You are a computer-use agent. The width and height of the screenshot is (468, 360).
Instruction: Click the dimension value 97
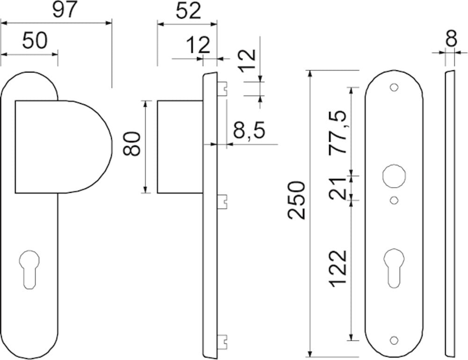[64, 10]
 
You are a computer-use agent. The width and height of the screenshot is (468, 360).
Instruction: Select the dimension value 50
[35, 41]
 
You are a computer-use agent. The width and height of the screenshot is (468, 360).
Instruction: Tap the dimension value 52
[189, 10]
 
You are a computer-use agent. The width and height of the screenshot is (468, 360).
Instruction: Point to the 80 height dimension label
[132, 144]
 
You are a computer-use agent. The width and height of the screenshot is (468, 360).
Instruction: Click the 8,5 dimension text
[249, 131]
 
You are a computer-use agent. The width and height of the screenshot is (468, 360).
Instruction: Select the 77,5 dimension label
[337, 133]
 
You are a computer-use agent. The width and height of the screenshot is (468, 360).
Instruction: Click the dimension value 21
[337, 189]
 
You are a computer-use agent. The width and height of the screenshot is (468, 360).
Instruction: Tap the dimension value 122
[337, 269]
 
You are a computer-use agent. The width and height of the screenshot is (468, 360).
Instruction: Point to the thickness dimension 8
[451, 39]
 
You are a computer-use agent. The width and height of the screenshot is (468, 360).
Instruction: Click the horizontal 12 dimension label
[198, 45]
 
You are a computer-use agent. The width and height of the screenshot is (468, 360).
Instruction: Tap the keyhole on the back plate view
[394, 267]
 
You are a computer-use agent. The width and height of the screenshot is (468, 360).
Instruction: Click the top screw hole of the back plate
[394, 88]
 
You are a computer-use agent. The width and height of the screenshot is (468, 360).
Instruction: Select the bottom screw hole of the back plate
[394, 339]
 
